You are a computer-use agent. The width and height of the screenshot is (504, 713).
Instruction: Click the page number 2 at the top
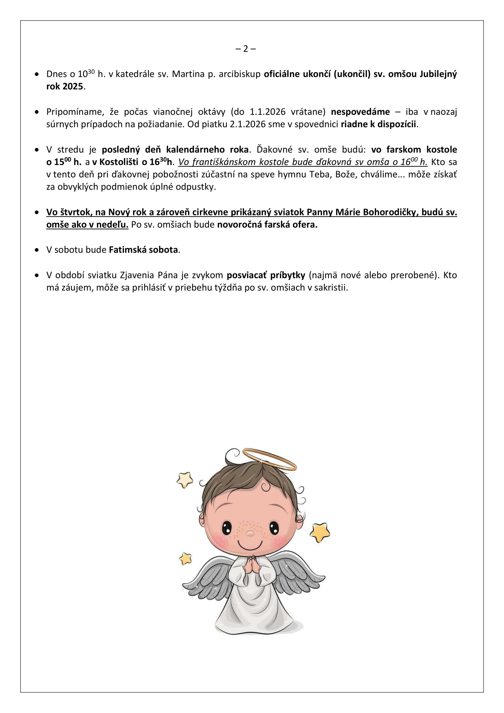pyautogui.click(x=246, y=49)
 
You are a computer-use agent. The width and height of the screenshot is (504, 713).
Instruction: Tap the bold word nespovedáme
pyautogui.click(x=360, y=112)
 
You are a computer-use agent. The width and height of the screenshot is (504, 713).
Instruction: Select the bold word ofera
pyautogui.click(x=305, y=224)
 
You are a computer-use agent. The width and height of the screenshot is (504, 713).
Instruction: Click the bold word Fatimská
pyautogui.click(x=127, y=250)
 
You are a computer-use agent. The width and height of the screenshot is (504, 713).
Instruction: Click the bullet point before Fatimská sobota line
pyautogui.click(x=37, y=250)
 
